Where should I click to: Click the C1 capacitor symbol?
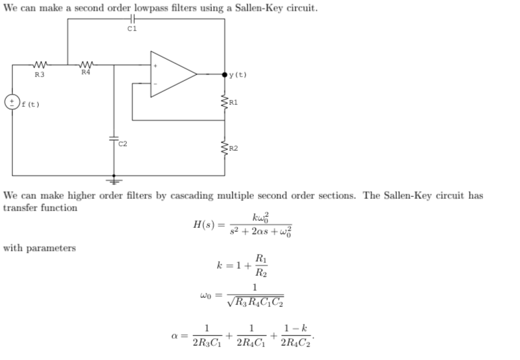tap(132, 19)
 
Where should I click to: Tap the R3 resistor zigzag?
tap(40, 65)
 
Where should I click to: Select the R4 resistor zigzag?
tap(85, 65)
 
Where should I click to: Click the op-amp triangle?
tap(172, 74)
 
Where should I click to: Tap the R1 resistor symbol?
tap(225, 102)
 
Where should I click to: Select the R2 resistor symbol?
tap(225, 148)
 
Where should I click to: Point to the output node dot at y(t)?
tap(225, 74)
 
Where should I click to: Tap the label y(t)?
tap(238, 75)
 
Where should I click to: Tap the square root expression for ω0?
tap(256, 301)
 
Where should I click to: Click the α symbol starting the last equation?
tap(174, 337)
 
